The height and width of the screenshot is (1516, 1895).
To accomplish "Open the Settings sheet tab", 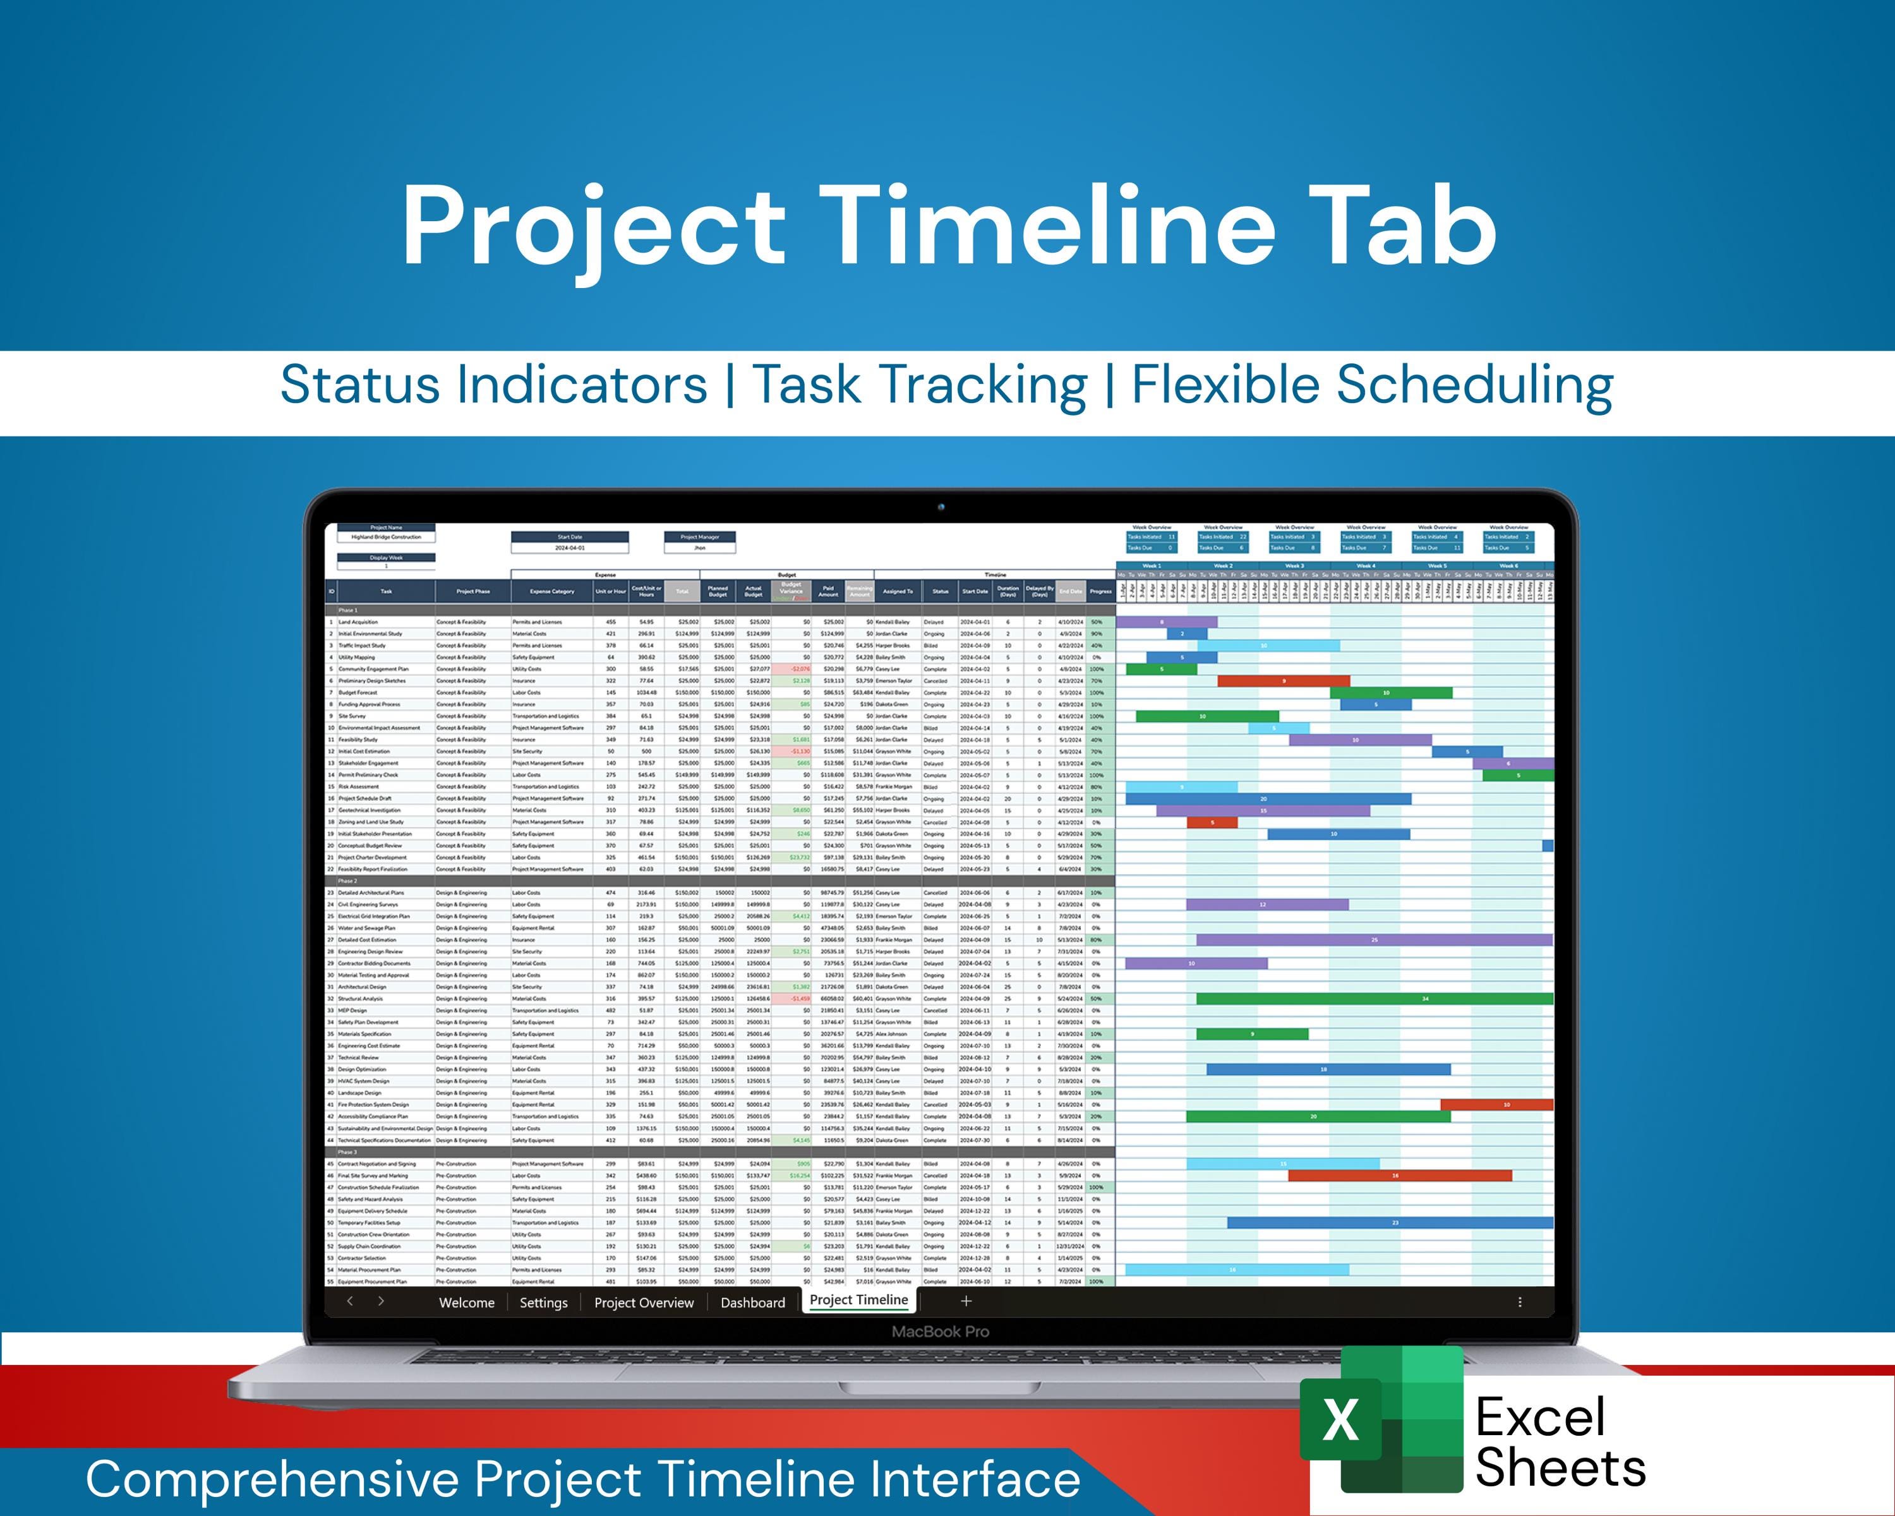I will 543,1302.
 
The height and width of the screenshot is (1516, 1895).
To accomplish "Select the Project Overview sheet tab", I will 644,1302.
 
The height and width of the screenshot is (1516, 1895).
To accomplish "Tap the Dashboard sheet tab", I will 752,1302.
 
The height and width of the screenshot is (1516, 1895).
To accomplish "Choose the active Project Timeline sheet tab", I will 858,1300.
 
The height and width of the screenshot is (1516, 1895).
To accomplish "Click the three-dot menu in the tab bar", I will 1520,1302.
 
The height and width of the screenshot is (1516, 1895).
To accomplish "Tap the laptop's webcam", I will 941,507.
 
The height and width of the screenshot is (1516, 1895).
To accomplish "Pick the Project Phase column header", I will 473,591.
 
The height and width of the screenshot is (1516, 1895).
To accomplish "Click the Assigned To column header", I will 898,591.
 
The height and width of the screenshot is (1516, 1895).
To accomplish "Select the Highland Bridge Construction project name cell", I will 386,537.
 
